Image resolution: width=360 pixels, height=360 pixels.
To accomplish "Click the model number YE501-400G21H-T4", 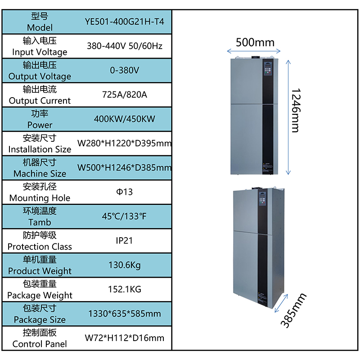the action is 125,22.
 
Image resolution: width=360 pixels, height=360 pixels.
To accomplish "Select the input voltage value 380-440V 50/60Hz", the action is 125,46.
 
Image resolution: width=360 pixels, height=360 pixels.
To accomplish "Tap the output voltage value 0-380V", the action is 125,70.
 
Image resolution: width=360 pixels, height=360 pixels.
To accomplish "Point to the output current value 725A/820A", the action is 125,94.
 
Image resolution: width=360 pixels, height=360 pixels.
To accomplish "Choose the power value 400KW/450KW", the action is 125,119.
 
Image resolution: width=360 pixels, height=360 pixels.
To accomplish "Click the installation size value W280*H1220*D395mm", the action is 125,143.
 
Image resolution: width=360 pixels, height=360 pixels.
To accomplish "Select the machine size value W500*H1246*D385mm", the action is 125,167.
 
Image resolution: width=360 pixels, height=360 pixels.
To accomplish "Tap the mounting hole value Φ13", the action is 125,192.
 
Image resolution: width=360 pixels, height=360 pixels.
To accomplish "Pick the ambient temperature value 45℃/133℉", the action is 124,216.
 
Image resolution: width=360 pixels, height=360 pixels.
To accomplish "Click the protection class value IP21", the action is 124,241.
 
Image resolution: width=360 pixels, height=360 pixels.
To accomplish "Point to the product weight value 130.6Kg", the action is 125,265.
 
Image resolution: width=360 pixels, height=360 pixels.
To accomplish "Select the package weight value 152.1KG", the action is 125,289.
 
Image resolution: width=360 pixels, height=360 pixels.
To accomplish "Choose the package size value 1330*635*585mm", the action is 125,314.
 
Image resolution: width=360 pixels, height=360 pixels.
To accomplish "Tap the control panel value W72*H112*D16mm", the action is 125,338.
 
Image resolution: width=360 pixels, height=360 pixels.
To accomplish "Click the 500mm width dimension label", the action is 255,42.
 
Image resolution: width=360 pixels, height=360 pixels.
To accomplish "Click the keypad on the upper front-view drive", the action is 268,68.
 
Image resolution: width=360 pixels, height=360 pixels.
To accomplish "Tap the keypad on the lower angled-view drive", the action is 262,199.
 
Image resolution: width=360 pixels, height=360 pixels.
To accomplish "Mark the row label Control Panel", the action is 40,344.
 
